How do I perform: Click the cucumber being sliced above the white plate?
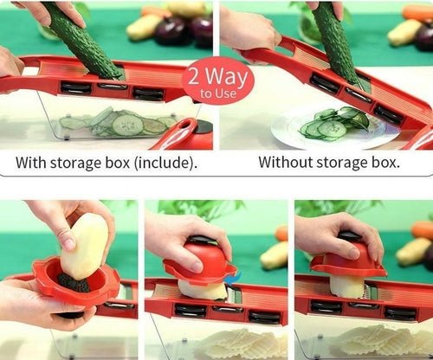333,43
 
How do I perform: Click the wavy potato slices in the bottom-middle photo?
225,342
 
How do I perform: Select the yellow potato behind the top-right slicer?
405,32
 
